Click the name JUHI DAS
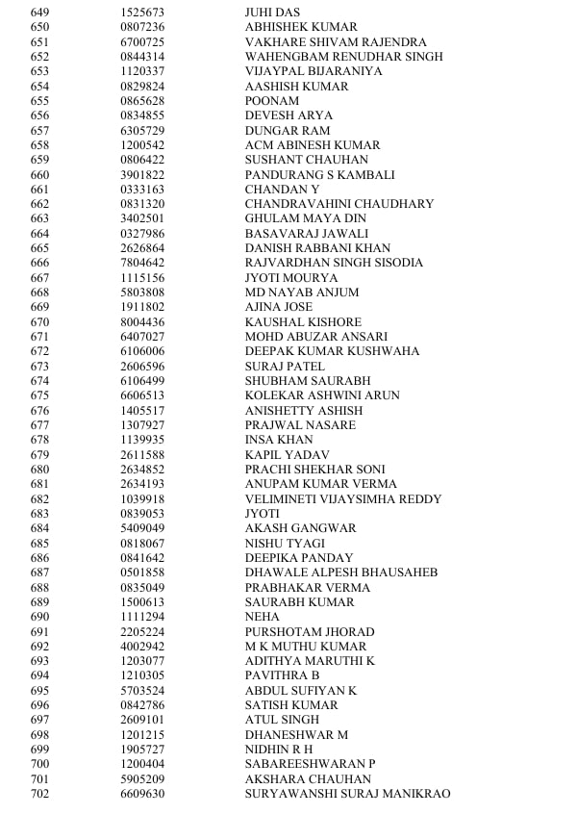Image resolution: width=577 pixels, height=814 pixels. [273, 13]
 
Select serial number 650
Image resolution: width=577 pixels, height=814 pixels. [39, 27]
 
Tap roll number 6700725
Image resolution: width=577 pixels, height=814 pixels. [142, 42]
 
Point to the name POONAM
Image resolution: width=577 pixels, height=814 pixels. [272, 101]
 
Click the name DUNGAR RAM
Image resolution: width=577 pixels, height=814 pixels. [288, 131]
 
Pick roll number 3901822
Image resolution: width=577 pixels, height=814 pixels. [142, 175]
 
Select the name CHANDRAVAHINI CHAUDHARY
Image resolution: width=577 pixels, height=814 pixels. [339, 204]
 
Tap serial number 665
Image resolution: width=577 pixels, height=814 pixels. [39, 248]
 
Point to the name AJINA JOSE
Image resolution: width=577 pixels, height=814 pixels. [279, 307]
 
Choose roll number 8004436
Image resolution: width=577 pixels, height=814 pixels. [142, 322]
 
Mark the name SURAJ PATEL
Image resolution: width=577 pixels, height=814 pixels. [285, 367]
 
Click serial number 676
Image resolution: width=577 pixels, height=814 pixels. [39, 411]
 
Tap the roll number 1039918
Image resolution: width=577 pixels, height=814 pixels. [142, 499]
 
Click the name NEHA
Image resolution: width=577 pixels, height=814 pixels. [263, 617]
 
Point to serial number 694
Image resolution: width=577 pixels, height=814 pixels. [39, 675]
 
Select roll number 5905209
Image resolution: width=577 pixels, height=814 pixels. [142, 779]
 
